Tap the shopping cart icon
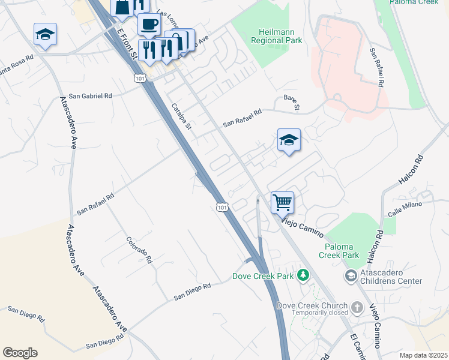(282, 202)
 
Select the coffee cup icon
(148, 25)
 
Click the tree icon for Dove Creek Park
(304, 276)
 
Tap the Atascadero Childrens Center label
(392, 277)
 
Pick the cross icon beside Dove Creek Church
(357, 307)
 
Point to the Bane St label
(291, 103)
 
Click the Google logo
(20, 353)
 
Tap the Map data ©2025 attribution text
(423, 355)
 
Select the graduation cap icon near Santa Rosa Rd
(45, 35)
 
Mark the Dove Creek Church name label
(312, 305)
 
